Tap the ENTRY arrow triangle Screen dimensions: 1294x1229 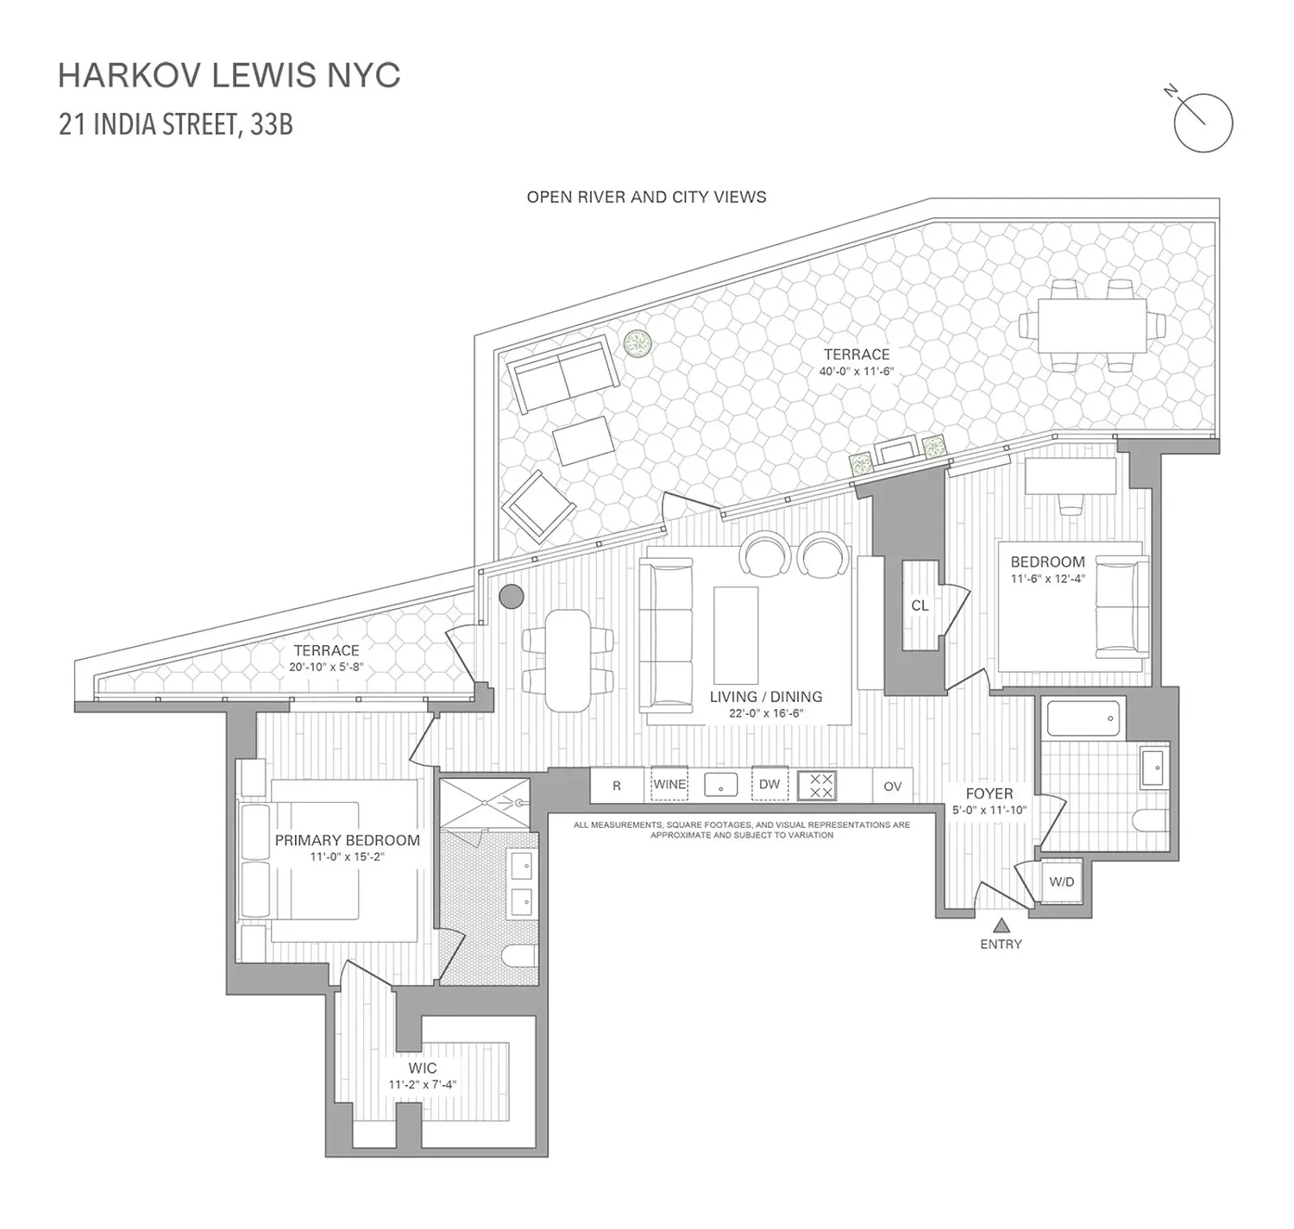click(x=1001, y=925)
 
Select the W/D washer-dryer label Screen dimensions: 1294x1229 click(x=1061, y=881)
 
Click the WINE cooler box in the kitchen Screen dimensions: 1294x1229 click(x=669, y=784)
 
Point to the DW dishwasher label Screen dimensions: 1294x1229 click(x=769, y=784)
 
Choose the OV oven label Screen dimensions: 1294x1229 click(x=893, y=786)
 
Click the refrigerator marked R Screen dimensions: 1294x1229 click(x=617, y=785)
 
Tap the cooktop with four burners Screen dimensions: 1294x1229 click(x=817, y=786)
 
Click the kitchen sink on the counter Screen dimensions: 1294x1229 click(x=720, y=785)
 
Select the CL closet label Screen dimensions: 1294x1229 click(x=920, y=605)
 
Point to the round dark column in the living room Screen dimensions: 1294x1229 click(x=512, y=597)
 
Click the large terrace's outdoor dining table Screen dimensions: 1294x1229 click(x=1093, y=327)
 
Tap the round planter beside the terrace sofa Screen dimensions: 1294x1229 click(x=638, y=343)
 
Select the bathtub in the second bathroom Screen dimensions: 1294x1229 click(x=1083, y=718)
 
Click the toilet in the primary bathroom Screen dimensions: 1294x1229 click(x=520, y=956)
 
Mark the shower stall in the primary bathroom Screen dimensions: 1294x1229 click(x=485, y=804)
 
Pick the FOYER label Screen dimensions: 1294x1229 click(x=989, y=793)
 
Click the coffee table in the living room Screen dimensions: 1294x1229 click(x=736, y=636)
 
